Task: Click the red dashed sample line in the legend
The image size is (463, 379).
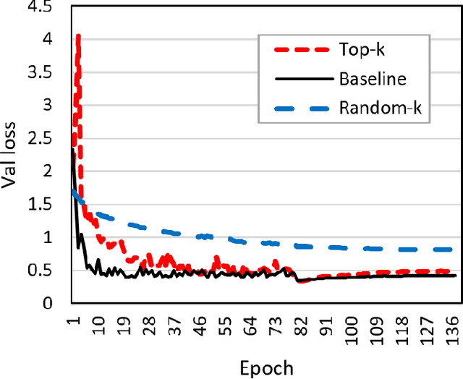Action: click(x=299, y=50)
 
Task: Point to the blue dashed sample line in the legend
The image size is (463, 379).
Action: click(x=299, y=108)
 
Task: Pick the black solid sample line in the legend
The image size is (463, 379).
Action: click(x=299, y=80)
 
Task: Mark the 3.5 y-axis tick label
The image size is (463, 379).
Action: click(x=48, y=72)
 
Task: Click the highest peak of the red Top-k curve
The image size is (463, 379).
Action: click(x=77, y=35)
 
